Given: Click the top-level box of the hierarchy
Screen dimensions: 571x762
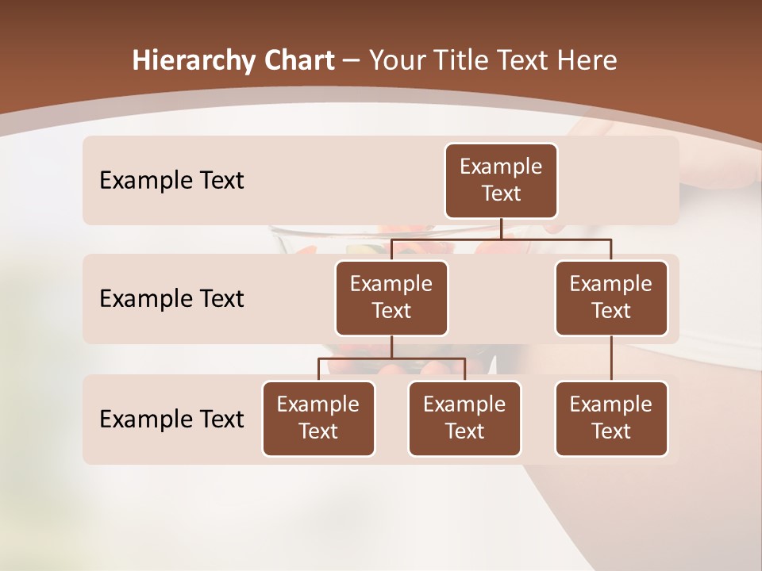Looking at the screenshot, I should tap(501, 181).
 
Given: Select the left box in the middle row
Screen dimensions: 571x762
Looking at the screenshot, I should tap(391, 298).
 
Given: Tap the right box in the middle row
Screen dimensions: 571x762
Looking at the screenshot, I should tap(611, 298).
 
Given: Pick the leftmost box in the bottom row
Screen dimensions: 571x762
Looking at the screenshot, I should tap(318, 419).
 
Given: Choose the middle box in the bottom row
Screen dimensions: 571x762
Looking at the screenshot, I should tap(464, 419).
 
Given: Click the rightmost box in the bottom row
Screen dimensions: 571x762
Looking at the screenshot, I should tap(611, 419).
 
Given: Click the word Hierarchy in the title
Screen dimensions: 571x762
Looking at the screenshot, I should tap(190, 61).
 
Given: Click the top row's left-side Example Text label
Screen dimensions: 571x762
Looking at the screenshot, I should tap(171, 181).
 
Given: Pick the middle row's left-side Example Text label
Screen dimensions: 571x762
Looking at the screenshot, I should tap(171, 299).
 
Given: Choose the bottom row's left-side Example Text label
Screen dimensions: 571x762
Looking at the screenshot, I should tap(171, 419).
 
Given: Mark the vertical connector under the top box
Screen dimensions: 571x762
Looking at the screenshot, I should tap(501, 228).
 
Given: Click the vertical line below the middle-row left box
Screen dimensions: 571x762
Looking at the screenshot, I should tap(391, 347).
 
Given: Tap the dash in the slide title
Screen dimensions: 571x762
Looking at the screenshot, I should tap(352, 61).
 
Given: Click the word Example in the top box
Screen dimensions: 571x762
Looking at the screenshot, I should tap(501, 167).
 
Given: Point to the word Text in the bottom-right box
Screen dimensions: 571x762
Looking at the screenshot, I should tap(611, 431).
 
